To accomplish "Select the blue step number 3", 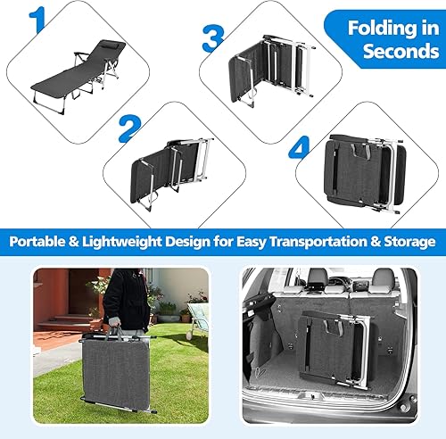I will (212, 37).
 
